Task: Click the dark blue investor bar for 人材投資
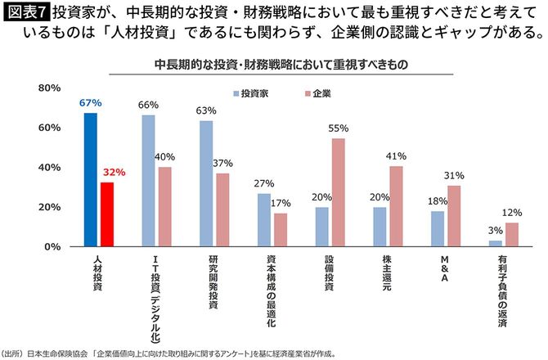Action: click(x=91, y=180)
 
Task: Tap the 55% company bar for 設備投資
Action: click(x=337, y=192)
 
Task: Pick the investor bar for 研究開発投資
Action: click(x=206, y=184)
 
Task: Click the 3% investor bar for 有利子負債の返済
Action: click(x=495, y=243)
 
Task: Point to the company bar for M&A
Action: click(x=455, y=216)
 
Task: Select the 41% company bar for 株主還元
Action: click(x=396, y=206)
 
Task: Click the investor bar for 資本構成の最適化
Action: click(x=263, y=219)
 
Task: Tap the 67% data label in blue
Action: click(x=91, y=103)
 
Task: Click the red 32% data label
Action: click(x=112, y=173)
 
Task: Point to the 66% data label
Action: click(x=148, y=106)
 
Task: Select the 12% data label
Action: click(x=512, y=214)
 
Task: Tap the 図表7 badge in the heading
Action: click(x=25, y=14)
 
